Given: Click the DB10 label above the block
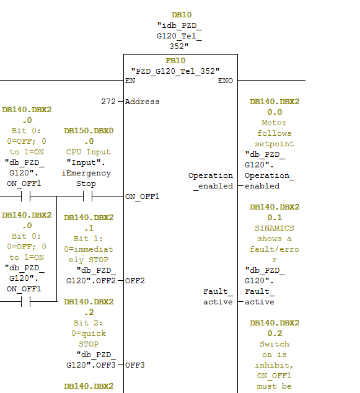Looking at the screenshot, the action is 182,15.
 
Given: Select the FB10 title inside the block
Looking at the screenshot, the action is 175,61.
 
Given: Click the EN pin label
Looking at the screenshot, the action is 130,81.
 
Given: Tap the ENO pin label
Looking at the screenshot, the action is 226,81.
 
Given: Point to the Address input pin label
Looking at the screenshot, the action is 143,102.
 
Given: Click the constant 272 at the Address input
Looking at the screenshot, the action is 108,102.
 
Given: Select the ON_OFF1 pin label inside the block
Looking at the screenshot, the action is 143,196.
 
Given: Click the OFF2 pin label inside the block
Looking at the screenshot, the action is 135,281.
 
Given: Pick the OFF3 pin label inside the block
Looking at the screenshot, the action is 135,365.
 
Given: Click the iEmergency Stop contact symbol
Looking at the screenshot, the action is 88,196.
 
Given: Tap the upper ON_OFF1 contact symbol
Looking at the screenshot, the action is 26,196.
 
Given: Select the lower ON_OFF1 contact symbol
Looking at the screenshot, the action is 26,301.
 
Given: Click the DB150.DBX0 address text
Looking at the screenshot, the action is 89,131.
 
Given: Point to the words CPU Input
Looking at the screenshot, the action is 89,152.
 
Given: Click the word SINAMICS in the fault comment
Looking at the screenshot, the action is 274,228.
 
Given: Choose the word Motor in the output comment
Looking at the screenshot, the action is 274,123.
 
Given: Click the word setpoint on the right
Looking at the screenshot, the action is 274,144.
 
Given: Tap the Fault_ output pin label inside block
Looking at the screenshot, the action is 218,291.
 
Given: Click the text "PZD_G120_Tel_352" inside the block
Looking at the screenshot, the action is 175,71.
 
